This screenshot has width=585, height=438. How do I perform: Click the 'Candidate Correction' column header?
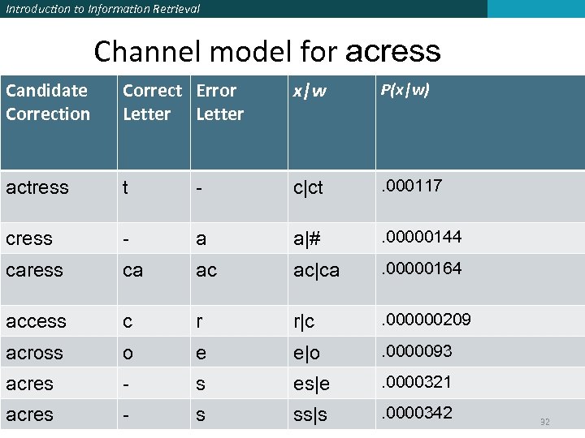pyautogui.click(x=48, y=102)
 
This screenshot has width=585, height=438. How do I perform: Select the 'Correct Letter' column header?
pyautogui.click(x=152, y=102)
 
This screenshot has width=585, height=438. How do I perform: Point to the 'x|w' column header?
pyautogui.click(x=310, y=91)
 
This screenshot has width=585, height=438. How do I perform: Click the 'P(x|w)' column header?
pyautogui.click(x=405, y=88)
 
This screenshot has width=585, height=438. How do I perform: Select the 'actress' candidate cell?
pyautogui.click(x=37, y=187)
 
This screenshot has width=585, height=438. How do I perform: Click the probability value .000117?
pyautogui.click(x=412, y=186)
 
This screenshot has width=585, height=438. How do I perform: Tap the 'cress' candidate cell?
pyautogui.click(x=29, y=239)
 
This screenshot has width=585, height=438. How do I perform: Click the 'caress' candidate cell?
pyautogui.click(x=33, y=270)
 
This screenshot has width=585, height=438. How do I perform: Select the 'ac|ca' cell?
pyautogui.click(x=317, y=270)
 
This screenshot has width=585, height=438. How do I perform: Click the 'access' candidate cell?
pyautogui.click(x=36, y=321)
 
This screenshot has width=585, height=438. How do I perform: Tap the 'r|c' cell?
pyautogui.click(x=304, y=321)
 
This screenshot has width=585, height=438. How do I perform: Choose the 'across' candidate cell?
pyautogui.click(x=34, y=353)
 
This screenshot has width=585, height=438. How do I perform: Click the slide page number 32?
pyautogui.click(x=544, y=422)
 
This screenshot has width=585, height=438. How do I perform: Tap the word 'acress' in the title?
pyautogui.click(x=393, y=52)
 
